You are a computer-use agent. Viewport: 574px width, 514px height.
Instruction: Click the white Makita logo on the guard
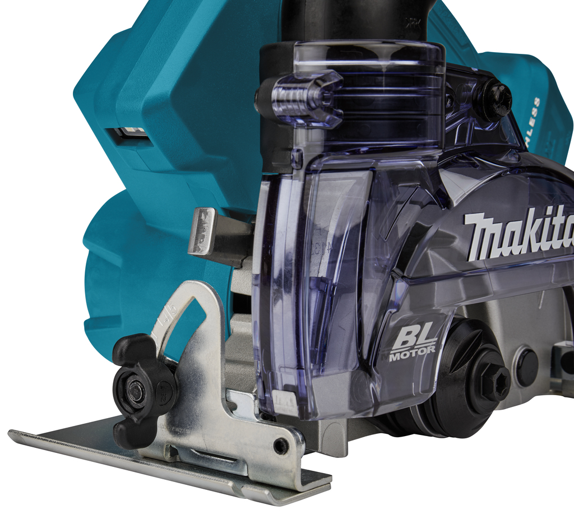pos(519,233)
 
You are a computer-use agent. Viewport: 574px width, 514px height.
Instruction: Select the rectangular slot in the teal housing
pos(129,134)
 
